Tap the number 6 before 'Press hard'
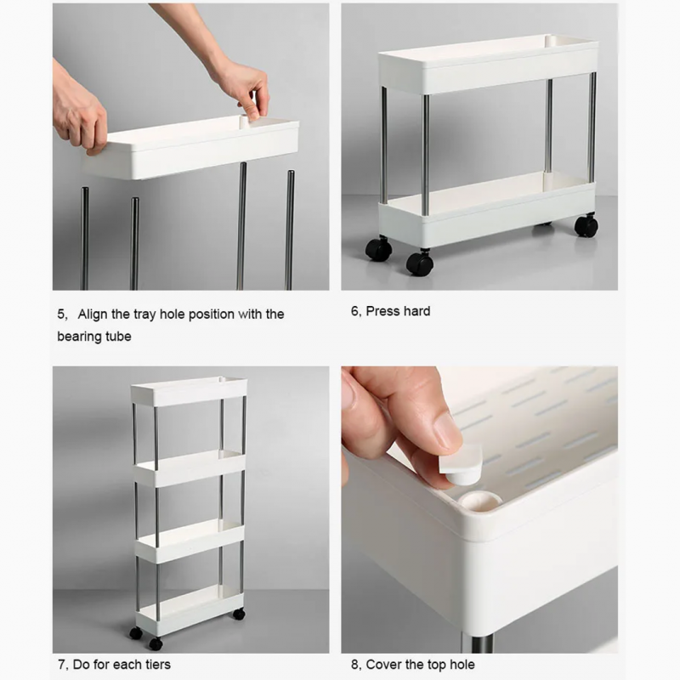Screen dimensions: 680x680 tap(354, 311)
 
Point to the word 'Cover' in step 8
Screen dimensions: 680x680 tap(384, 664)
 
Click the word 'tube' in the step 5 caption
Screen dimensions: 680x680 tap(118, 337)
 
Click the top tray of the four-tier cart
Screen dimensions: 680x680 tap(189, 391)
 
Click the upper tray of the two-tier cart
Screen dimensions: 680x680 tap(488, 64)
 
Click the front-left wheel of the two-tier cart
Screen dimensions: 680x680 tap(379, 249)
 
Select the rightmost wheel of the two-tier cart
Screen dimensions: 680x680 tap(586, 225)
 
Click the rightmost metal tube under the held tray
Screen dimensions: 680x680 tap(290, 229)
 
